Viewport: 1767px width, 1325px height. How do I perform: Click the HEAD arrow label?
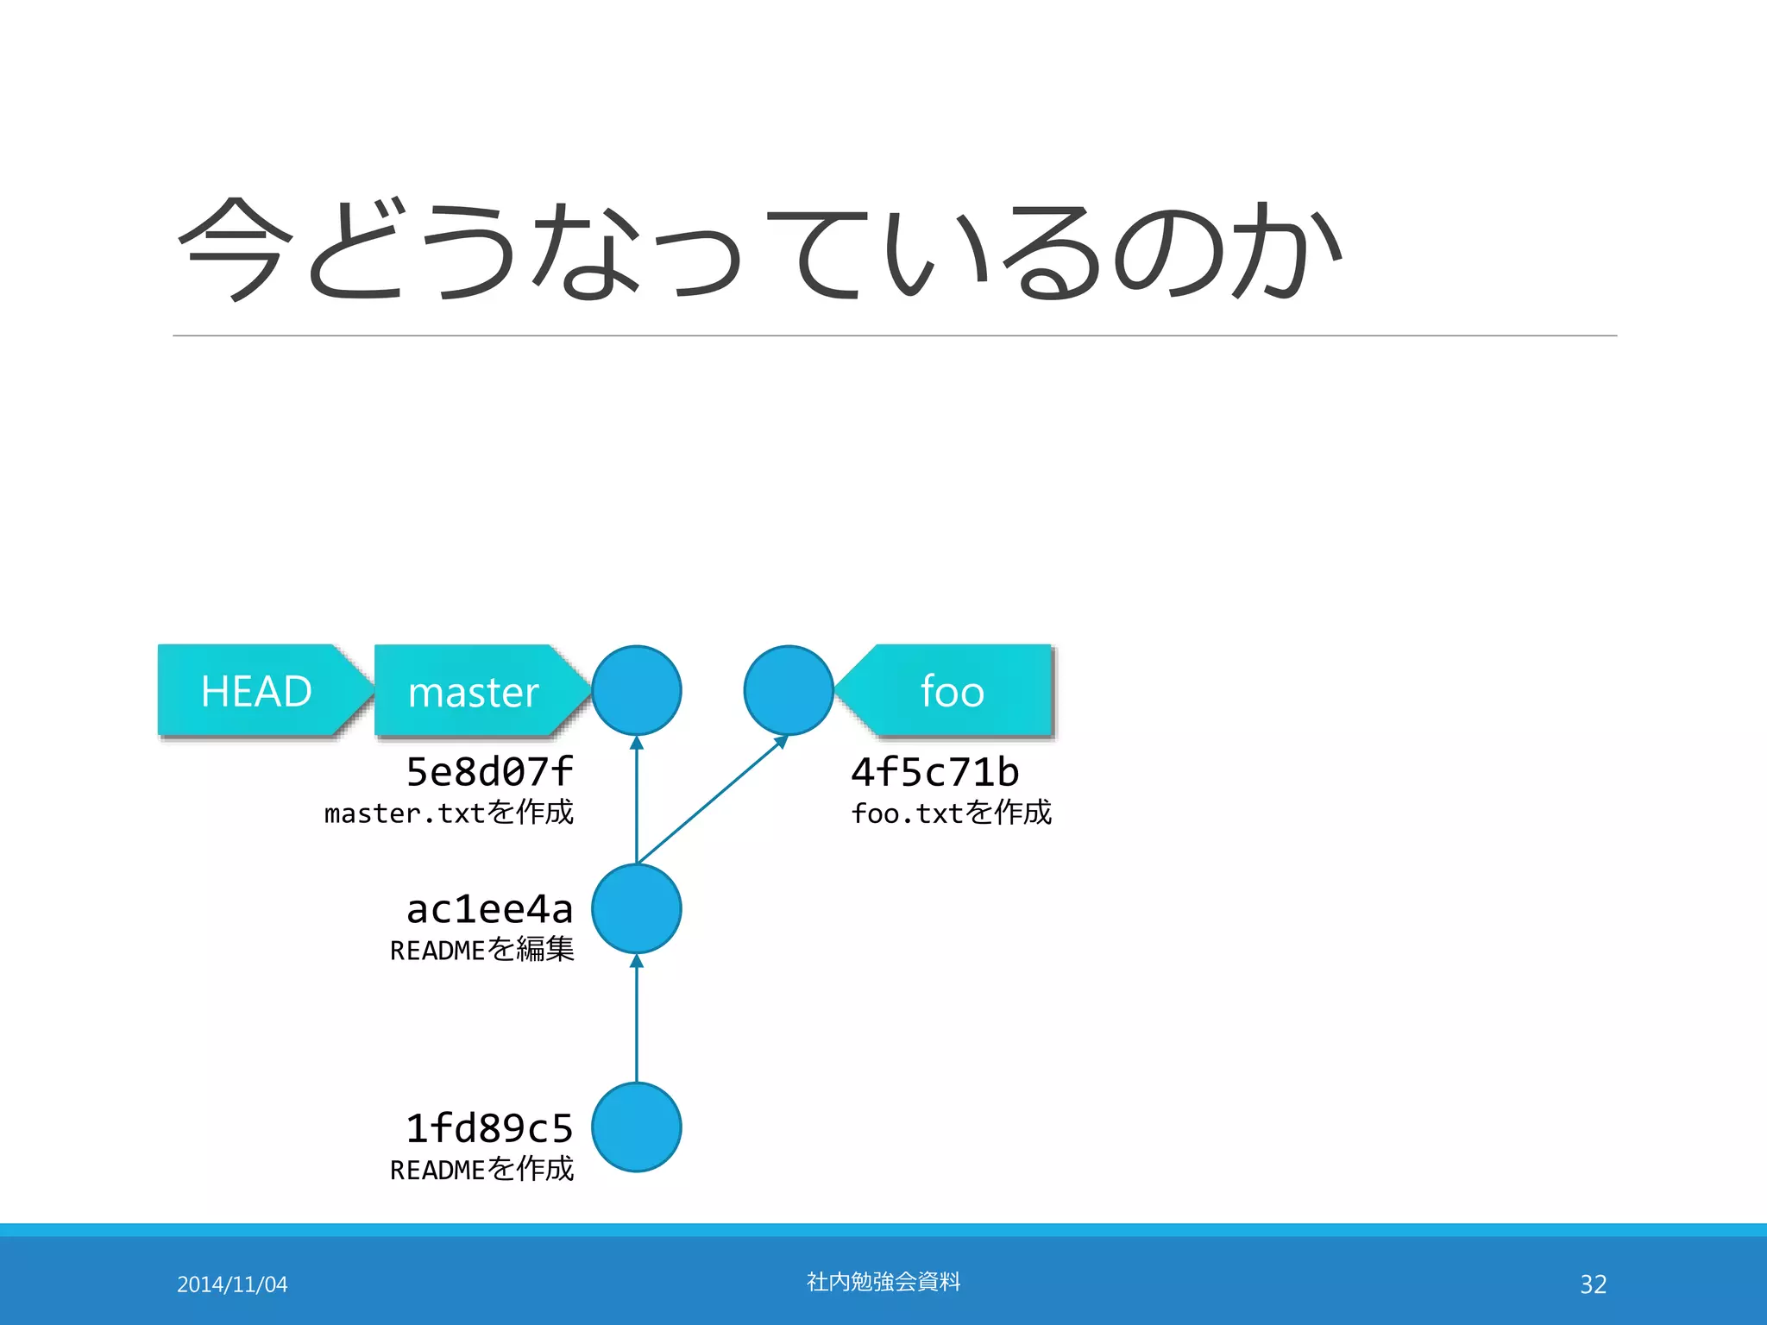pos(257,691)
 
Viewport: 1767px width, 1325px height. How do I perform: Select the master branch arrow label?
pos(475,691)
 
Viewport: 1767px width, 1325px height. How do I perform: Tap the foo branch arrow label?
pos(953,691)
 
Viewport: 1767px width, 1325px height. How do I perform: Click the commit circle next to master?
pos(637,690)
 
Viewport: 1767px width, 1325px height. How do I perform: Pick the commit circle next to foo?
pos(788,690)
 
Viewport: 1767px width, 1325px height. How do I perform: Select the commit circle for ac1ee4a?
pos(637,909)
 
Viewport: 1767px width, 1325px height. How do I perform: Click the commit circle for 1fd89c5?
pos(637,1127)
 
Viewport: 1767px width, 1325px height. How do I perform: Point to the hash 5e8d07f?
pos(489,771)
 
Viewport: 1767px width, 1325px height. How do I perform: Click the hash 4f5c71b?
pos(934,771)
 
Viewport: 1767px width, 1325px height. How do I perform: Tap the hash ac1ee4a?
pos(489,908)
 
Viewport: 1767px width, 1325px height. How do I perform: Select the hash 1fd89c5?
pos(489,1127)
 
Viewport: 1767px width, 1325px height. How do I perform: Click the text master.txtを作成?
pos(449,813)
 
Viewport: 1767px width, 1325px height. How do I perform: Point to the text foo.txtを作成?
pos(951,813)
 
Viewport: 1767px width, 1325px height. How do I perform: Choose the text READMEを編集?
pos(481,950)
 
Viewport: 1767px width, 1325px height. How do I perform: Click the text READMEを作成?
pos(481,1170)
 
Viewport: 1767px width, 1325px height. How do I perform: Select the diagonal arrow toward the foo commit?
pos(713,800)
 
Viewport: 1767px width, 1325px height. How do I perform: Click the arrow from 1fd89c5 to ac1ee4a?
pos(637,1018)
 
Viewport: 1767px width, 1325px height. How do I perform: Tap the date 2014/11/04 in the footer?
pos(232,1284)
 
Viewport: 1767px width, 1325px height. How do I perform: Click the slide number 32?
pos(1593,1284)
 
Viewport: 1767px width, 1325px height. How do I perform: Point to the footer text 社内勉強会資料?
pos(883,1282)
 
